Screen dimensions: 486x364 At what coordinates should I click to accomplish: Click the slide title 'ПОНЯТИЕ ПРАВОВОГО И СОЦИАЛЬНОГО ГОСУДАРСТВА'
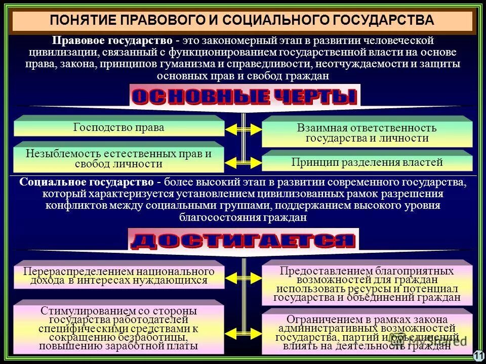(242, 21)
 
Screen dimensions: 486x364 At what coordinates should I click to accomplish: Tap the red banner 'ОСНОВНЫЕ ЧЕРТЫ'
(244, 96)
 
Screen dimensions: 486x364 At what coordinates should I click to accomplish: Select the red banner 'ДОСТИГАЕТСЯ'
(243, 240)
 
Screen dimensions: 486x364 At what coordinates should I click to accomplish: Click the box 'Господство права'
(119, 127)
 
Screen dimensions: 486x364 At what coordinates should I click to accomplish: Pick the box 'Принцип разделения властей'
(367, 162)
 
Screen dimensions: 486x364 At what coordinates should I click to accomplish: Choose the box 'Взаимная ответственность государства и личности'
(367, 133)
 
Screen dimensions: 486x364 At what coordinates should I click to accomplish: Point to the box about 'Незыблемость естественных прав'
(119, 159)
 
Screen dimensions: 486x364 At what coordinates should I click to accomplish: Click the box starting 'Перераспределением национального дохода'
(119, 276)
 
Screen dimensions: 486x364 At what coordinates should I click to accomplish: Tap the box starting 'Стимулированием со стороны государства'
(119, 329)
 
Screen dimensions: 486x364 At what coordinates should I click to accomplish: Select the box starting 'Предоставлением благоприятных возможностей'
(367, 284)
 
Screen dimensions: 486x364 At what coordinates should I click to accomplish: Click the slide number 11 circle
(478, 356)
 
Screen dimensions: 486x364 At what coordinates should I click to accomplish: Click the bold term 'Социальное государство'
(86, 182)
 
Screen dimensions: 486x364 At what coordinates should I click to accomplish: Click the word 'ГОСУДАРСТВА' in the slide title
(383, 21)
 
